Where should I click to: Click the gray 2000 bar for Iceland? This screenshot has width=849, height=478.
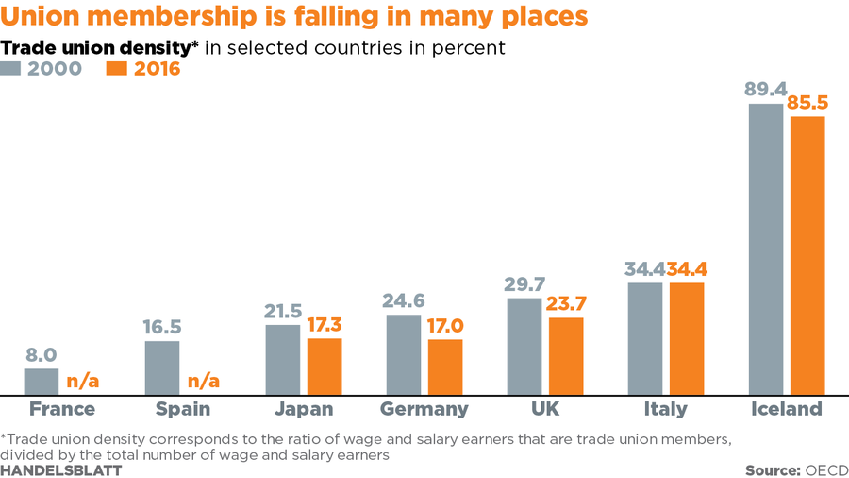click(x=765, y=249)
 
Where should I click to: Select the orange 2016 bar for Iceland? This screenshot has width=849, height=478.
click(x=807, y=255)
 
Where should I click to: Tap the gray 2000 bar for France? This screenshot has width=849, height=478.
click(x=41, y=382)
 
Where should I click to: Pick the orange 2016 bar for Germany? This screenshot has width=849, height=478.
click(x=445, y=367)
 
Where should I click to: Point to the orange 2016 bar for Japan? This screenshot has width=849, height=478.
click(x=325, y=367)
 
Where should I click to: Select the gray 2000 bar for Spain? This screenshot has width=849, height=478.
click(x=161, y=367)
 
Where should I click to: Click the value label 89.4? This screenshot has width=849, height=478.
click(x=765, y=90)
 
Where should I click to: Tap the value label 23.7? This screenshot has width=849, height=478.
click(x=566, y=303)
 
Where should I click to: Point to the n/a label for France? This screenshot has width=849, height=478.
click(x=82, y=381)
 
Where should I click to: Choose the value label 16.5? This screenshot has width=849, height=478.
click(x=162, y=327)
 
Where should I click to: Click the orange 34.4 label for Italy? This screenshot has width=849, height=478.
click(x=687, y=269)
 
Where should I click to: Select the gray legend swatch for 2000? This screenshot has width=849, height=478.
click(x=10, y=68)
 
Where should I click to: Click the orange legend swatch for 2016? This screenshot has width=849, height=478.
click(x=118, y=68)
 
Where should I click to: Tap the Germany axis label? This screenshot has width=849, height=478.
click(x=424, y=409)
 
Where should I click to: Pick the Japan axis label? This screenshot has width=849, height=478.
click(x=303, y=409)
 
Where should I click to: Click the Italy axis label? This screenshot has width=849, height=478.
click(x=665, y=409)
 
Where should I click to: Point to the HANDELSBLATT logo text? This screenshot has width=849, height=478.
click(x=60, y=469)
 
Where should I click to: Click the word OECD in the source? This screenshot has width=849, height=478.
click(x=826, y=469)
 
